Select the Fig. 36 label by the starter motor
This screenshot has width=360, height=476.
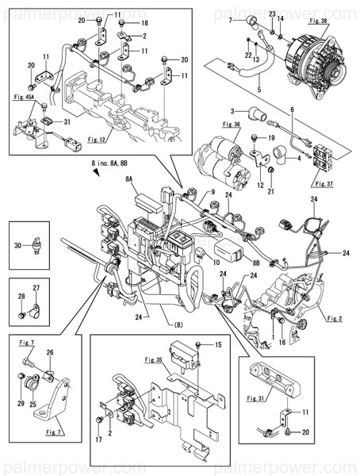[x=232, y=124]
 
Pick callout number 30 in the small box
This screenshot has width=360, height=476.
[x=19, y=244]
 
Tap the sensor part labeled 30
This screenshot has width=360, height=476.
[x=37, y=243]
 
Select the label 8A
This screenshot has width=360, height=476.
[x=128, y=180]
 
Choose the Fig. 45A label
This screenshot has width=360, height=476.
[x=25, y=96]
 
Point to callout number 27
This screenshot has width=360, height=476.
[x=36, y=288]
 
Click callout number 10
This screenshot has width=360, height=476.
[x=215, y=253]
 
